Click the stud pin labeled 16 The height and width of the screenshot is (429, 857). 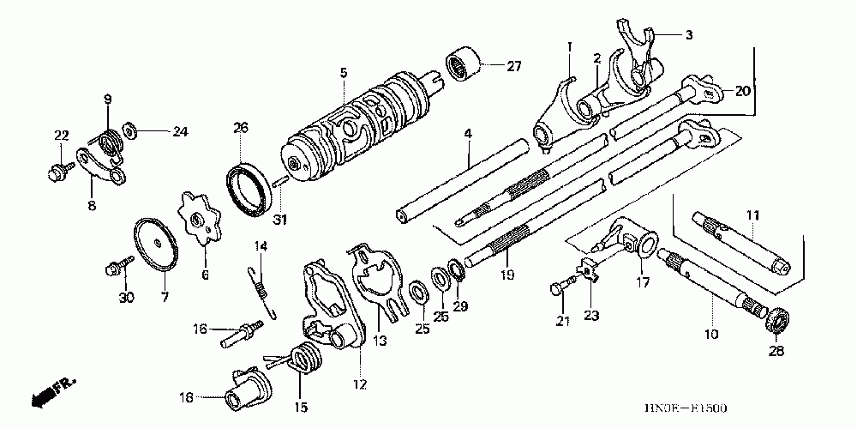pyautogui.click(x=241, y=332)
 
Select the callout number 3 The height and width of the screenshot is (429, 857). pyautogui.click(x=688, y=35)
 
